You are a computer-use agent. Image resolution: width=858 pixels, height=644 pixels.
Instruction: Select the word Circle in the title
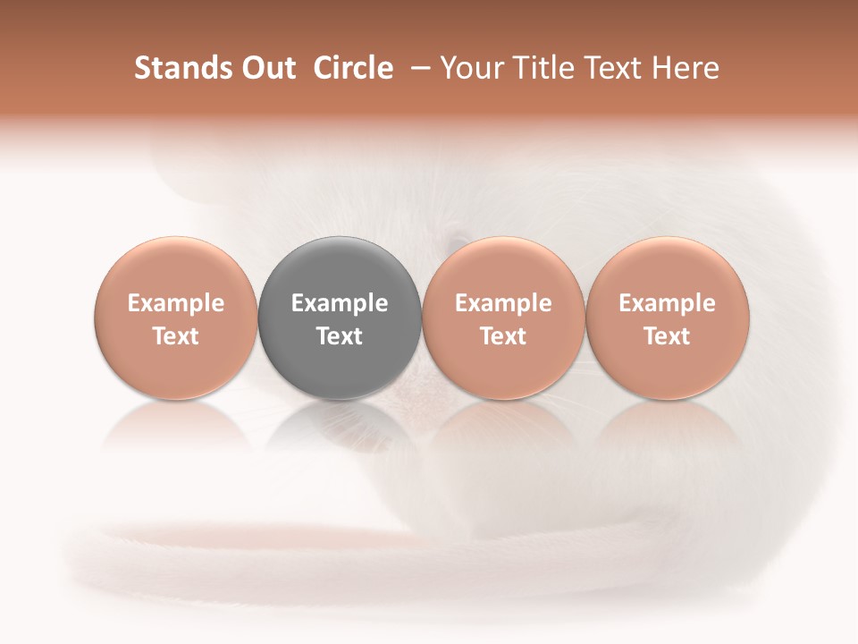click(353, 68)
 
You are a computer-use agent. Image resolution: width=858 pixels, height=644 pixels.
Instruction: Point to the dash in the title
click(416, 68)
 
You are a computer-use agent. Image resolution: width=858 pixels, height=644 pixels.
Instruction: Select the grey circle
click(340, 318)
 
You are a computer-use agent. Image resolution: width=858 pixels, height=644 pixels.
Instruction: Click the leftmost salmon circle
click(176, 318)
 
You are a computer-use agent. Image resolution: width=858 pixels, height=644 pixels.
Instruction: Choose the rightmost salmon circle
click(668, 318)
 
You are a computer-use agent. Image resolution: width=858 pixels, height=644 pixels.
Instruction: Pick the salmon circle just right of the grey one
click(503, 318)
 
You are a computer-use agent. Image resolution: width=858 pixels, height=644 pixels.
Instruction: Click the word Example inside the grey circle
click(340, 303)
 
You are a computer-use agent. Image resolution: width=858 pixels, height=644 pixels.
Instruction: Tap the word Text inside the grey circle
click(340, 336)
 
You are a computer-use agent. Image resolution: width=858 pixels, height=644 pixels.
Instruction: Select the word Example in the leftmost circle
click(176, 303)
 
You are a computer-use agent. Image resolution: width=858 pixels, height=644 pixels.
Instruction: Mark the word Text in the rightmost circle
click(668, 336)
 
